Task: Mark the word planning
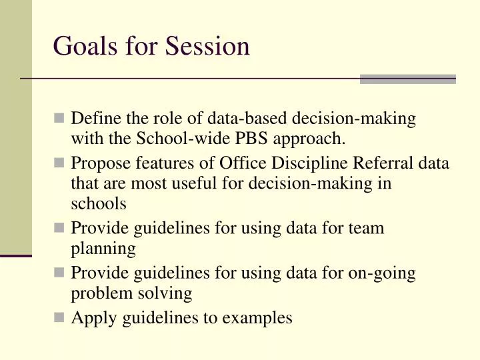tap(103, 249)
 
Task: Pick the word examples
tap(257, 318)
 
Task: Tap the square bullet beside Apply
tap(60, 317)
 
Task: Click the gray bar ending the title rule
tap(407, 79)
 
